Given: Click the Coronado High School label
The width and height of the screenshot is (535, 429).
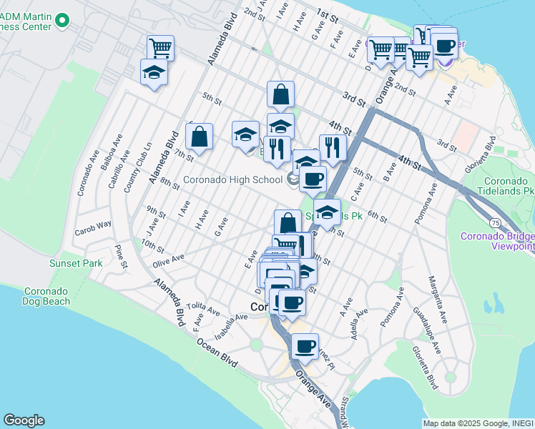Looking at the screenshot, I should click(x=234, y=179).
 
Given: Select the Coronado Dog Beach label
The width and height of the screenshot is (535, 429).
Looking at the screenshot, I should click(x=47, y=296).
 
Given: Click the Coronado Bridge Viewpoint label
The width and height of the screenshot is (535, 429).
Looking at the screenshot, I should click(x=497, y=241).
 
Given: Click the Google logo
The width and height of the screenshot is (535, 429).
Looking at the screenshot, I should click(x=24, y=420).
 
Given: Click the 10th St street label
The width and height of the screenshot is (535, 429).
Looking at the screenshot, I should click(x=152, y=247).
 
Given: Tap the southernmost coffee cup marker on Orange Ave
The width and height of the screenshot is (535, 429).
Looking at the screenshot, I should click(x=305, y=347).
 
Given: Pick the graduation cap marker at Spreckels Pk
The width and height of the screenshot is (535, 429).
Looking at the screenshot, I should click(x=327, y=212).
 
